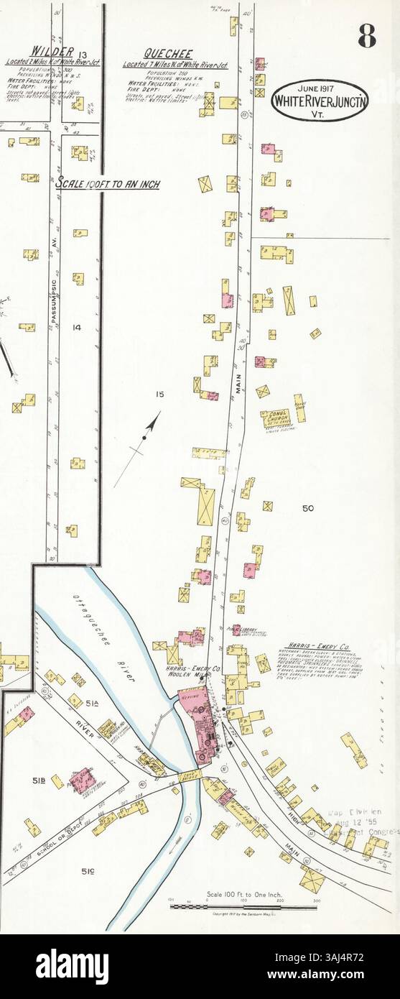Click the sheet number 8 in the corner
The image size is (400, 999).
point(367,34)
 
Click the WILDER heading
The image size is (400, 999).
point(51,50)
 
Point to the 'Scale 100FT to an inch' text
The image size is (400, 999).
point(108,185)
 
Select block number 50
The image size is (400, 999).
point(308,508)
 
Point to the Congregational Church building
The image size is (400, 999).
point(274,420)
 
